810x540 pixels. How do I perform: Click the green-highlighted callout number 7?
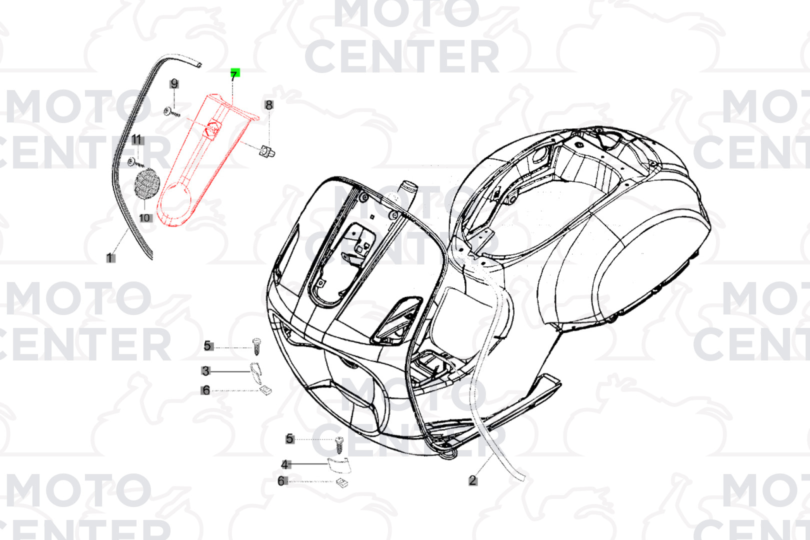(235, 74)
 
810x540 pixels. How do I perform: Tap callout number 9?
(174, 84)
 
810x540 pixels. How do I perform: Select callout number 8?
(268, 105)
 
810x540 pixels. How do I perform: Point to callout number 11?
(136, 139)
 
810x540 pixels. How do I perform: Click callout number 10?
(144, 217)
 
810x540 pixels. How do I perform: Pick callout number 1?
(110, 258)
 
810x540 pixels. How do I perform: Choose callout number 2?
(472, 480)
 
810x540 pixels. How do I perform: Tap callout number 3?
(206, 370)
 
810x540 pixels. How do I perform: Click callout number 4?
(285, 464)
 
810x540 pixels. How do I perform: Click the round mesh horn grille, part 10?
(146, 183)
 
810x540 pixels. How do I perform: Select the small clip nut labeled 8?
(267, 151)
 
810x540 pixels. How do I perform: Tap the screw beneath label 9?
(172, 112)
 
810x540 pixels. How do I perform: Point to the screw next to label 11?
(135, 163)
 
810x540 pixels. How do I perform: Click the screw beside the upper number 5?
(256, 346)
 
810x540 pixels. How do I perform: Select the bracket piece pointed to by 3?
(256, 373)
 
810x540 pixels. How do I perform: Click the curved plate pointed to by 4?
(339, 465)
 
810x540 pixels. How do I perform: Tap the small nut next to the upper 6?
(266, 390)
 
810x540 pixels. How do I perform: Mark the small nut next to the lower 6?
(342, 482)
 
